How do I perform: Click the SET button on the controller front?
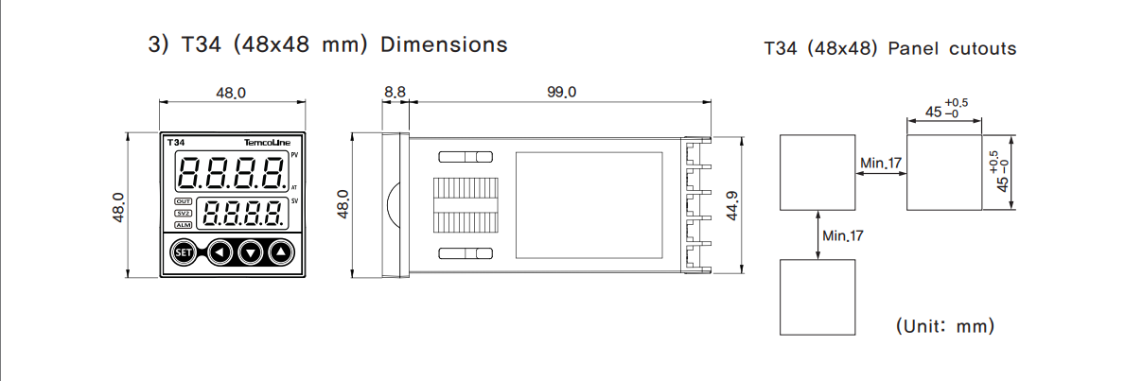click(x=182, y=252)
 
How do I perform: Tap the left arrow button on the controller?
click(x=220, y=252)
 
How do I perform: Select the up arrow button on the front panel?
click(x=281, y=252)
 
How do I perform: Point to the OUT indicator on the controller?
click(x=184, y=202)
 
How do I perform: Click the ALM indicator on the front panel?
click(x=184, y=225)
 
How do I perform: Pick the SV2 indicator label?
click(x=184, y=214)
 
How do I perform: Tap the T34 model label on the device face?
click(x=175, y=143)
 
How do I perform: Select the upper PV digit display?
click(x=233, y=172)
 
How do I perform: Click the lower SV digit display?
click(x=245, y=214)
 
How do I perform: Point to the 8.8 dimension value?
click(x=395, y=92)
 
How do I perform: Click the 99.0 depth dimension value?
click(x=560, y=92)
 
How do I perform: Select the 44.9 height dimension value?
click(x=730, y=205)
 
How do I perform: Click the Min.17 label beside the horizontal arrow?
click(x=881, y=164)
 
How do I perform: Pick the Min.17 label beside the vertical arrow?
click(x=842, y=234)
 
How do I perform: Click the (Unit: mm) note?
click(x=944, y=326)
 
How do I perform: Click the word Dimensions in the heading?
click(x=444, y=44)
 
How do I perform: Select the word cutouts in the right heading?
click(x=983, y=48)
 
